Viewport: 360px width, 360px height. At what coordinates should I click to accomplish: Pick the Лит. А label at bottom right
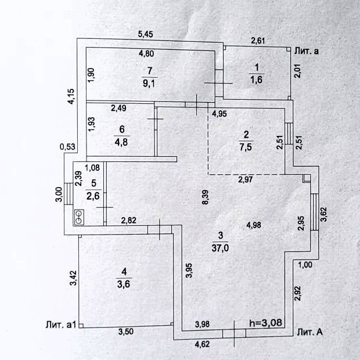[310, 332]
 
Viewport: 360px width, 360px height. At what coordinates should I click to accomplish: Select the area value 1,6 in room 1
[257, 80]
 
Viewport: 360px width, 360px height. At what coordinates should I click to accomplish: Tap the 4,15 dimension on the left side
[71, 95]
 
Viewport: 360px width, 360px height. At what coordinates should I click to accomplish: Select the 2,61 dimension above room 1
[258, 40]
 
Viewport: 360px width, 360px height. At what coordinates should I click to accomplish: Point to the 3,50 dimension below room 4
[127, 332]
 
